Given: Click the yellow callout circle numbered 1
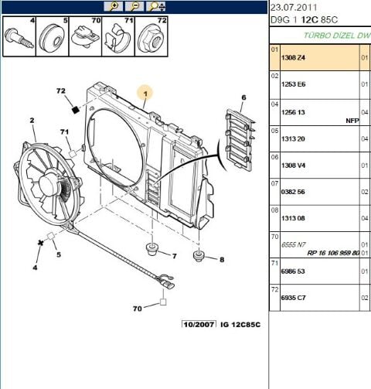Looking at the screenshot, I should point(145,90).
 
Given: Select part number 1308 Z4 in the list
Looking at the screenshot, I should point(294,56).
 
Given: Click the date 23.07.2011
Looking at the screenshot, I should point(292,7).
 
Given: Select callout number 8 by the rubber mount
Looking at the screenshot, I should point(221,260).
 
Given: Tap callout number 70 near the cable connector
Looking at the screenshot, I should point(138,309).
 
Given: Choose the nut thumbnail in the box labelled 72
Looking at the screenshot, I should point(151,36).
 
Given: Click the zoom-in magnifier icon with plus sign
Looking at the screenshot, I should point(114,5).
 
